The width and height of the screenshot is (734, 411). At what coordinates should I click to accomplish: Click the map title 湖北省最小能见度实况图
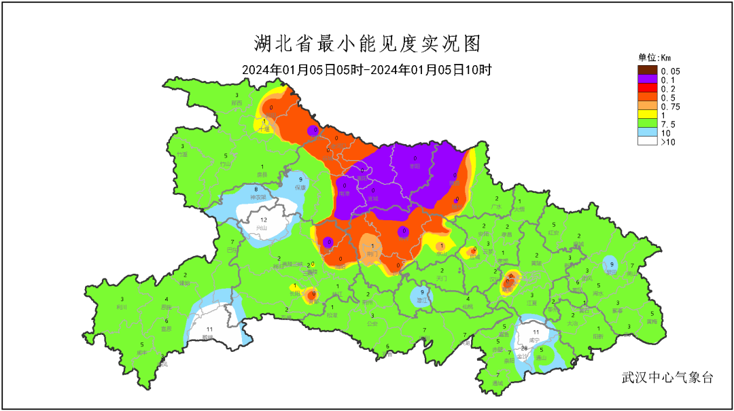click(367, 44)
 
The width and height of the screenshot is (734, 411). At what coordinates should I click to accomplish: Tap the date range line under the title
click(367, 69)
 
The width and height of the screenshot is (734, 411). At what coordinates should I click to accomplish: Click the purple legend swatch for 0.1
click(647, 79)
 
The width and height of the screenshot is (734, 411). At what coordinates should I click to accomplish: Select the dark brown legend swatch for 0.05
click(647, 71)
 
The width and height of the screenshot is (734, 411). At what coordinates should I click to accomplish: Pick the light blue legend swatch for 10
click(647, 132)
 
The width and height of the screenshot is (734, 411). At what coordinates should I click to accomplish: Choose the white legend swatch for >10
click(647, 141)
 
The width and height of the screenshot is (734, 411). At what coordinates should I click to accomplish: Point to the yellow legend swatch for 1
click(647, 115)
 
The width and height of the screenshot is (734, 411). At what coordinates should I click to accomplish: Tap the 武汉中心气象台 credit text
click(667, 378)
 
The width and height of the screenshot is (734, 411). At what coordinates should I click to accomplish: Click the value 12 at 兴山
click(264, 221)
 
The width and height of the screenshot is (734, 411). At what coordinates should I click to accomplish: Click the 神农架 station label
click(256, 197)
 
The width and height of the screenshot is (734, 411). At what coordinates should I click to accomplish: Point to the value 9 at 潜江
click(422, 291)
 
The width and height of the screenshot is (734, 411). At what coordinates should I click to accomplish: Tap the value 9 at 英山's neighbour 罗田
click(612, 264)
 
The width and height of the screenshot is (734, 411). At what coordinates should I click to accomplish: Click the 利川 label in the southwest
click(122, 306)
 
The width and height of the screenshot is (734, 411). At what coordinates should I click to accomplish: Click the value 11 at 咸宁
click(536, 332)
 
